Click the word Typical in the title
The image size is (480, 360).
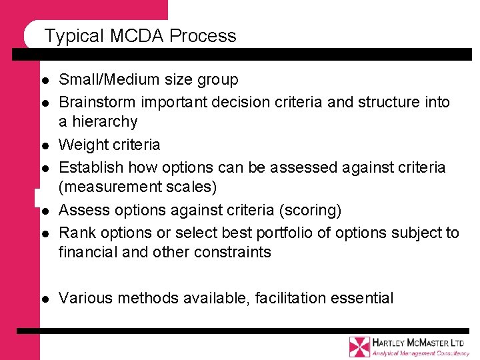(71, 36)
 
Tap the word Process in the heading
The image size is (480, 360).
(203, 36)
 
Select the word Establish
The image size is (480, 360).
(91, 167)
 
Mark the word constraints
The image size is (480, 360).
(231, 252)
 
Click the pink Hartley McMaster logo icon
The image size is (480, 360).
(359, 347)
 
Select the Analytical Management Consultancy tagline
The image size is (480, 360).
(421, 353)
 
